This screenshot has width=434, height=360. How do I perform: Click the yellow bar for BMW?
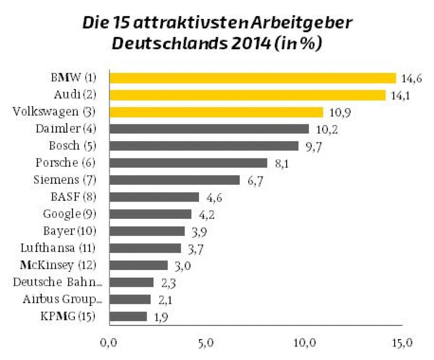pos(252,78)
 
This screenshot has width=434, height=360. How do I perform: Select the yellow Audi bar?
pos(247,95)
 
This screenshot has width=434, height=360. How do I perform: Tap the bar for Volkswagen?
pos(216,112)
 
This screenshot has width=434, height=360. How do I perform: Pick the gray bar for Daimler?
pos(209,129)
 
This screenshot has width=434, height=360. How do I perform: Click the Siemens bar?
pos(174,180)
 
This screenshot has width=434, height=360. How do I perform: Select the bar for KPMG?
pos(128,316)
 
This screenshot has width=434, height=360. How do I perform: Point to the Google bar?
pos(150,214)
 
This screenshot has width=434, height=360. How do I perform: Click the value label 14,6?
pos(412,79)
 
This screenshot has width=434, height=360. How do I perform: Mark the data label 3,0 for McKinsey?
pos(182,266)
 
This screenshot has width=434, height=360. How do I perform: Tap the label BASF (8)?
pos(73,197)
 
